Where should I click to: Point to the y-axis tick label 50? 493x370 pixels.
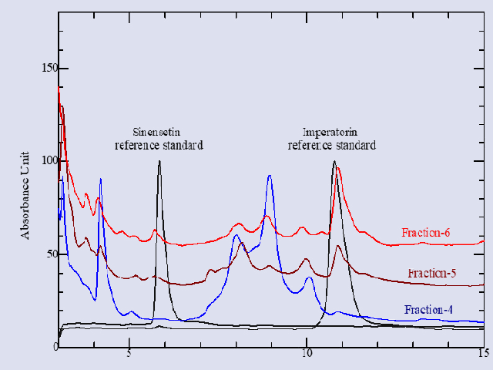tap(49, 253)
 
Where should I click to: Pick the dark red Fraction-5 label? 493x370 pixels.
tap(431, 272)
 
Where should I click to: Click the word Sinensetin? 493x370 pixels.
tap(159, 131)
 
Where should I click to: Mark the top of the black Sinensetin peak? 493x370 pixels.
tap(159, 161)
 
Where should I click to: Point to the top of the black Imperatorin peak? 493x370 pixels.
tap(334, 162)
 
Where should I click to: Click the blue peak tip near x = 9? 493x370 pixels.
tap(270, 176)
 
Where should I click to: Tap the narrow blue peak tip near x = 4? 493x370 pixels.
tap(100, 179)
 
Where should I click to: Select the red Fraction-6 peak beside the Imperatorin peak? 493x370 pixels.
tap(338, 168)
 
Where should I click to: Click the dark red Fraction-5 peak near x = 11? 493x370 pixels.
tap(338, 246)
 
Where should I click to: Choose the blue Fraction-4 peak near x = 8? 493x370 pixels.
tap(236, 235)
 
